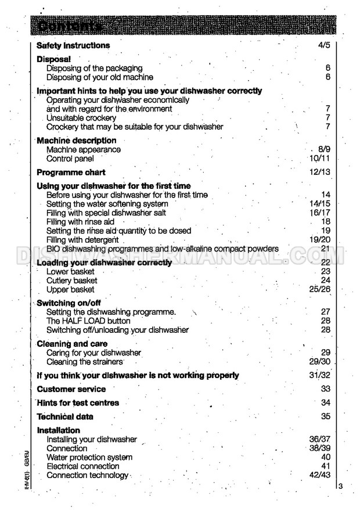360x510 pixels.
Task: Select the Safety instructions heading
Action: point(73,45)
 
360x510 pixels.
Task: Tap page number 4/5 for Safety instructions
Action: point(324,45)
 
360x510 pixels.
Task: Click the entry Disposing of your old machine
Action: point(100,77)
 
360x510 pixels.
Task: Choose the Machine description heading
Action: point(77,141)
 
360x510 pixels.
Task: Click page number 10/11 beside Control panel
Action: point(320,159)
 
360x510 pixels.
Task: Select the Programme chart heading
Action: point(71,173)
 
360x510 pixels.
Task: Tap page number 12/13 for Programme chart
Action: point(319,173)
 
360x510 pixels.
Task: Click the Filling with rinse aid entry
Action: point(81,222)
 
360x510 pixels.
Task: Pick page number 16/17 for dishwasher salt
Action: point(320,213)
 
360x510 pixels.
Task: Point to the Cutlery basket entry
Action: point(72,281)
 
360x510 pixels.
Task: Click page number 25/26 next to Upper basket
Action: point(320,289)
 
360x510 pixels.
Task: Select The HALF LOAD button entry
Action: point(88,321)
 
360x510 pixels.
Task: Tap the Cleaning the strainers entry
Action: point(85,362)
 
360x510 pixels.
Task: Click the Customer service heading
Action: point(71,389)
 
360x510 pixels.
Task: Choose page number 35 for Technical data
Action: point(325,416)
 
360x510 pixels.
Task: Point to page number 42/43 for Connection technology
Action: point(319,475)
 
